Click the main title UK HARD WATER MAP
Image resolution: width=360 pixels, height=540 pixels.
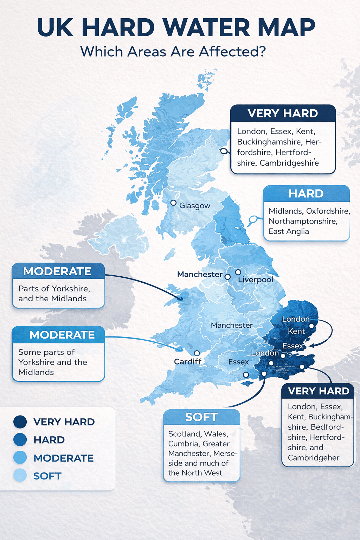(x=176, y=27)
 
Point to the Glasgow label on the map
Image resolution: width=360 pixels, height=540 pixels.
(x=195, y=206)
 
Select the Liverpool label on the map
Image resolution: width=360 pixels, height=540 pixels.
(x=256, y=280)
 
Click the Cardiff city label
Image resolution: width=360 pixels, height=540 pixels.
(x=188, y=362)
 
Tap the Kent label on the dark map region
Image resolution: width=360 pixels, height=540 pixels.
(x=296, y=331)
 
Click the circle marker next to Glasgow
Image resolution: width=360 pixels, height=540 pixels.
(x=173, y=203)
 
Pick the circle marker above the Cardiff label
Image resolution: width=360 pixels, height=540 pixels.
(x=197, y=353)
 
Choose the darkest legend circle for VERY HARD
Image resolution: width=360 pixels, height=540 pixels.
(x=20, y=422)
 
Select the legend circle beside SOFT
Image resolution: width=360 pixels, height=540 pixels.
(x=20, y=476)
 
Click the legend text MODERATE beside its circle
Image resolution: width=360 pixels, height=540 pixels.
(x=64, y=458)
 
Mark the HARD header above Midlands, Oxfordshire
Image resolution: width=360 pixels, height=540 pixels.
(x=306, y=194)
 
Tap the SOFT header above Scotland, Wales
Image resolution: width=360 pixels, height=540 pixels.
(x=201, y=417)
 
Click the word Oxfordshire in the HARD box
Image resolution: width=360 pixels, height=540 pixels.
(x=328, y=211)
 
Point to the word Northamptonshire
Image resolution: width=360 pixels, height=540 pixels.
(x=303, y=221)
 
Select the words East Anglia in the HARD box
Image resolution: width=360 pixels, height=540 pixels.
(x=289, y=231)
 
